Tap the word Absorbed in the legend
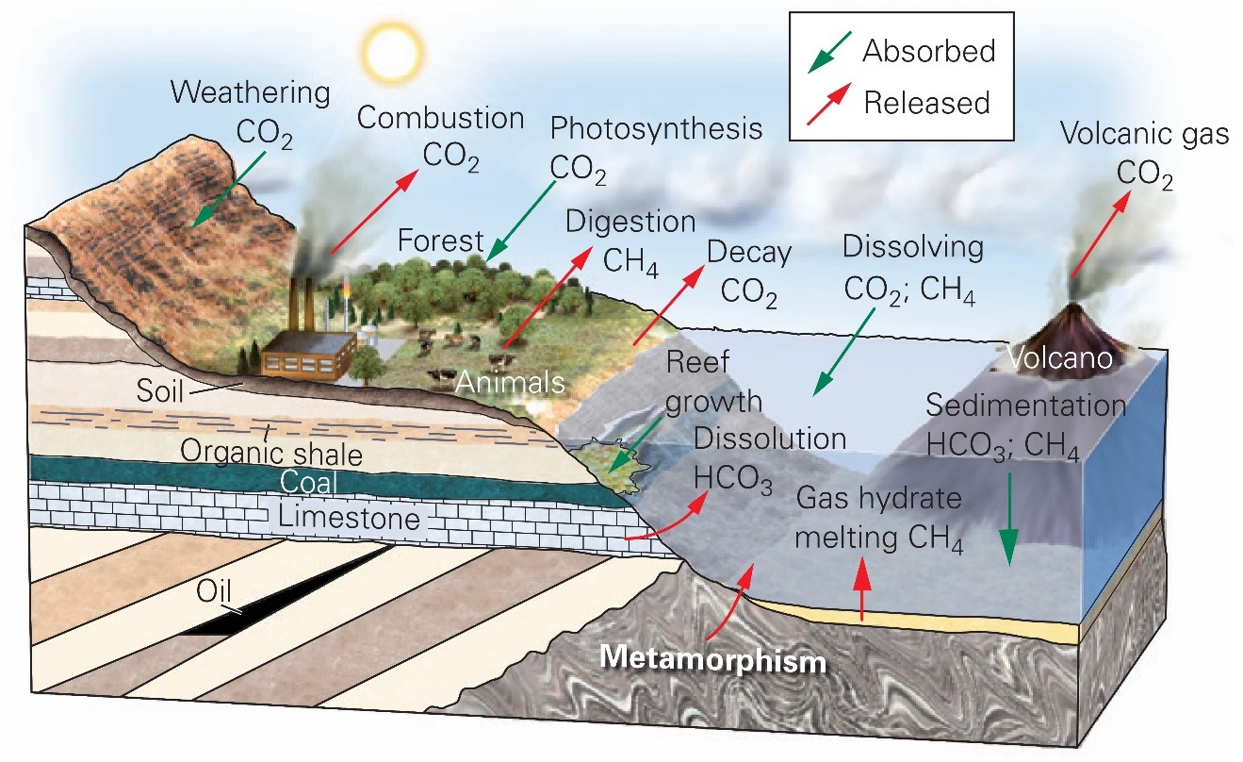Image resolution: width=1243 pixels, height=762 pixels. click(928, 51)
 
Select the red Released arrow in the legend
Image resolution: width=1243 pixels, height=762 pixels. click(828, 101)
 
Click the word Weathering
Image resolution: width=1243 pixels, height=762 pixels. click(253, 93)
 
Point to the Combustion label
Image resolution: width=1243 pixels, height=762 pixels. click(440, 119)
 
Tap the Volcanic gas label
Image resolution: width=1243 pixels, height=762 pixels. click(1144, 135)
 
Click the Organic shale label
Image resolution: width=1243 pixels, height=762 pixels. click(271, 455)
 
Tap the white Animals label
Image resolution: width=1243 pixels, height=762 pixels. click(509, 383)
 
